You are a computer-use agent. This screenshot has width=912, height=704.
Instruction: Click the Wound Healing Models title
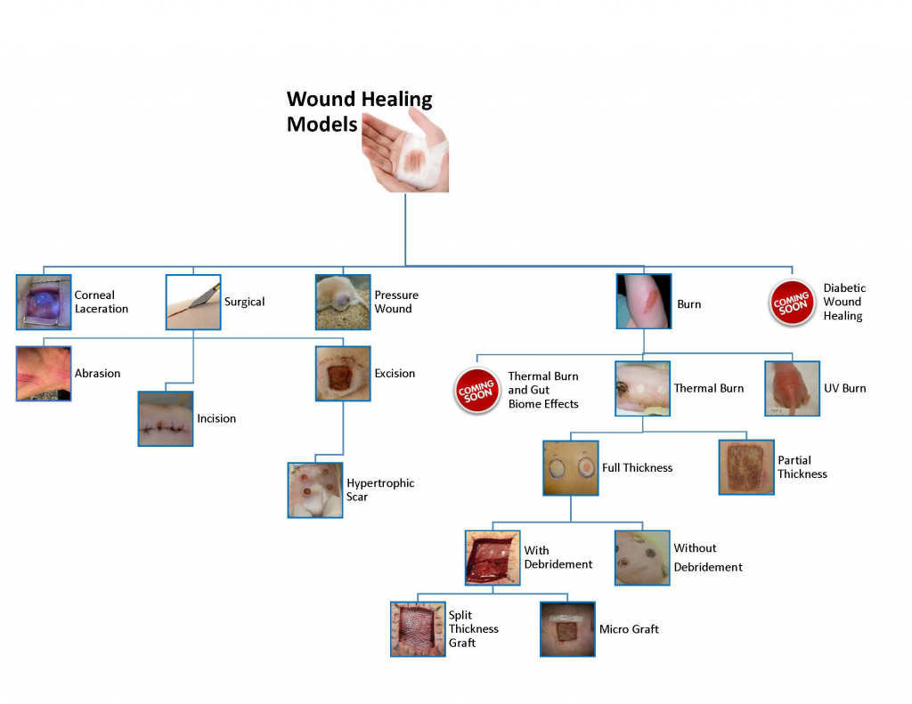point(359,112)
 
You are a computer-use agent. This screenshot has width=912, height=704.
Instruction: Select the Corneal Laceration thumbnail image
point(44,303)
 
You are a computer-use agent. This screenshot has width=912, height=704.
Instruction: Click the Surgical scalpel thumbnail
point(193,303)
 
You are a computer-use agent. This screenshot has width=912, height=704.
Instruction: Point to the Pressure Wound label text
point(396,302)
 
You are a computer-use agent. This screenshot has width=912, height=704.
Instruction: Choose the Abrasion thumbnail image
point(44,374)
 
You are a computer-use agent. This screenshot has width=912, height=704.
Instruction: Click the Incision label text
point(216,418)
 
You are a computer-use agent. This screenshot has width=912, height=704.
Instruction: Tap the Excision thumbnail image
point(343,374)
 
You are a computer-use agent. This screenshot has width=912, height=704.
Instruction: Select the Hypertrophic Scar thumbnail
point(315,490)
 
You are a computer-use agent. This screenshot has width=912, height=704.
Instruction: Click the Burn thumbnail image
point(644,302)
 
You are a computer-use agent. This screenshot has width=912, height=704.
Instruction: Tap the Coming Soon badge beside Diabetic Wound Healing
point(792,303)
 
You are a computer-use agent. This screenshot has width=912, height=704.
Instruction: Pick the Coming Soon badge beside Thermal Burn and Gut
point(477,391)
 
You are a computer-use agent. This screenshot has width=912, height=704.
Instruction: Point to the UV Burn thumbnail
point(792,389)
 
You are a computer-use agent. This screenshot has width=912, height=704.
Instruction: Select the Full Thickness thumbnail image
point(571,468)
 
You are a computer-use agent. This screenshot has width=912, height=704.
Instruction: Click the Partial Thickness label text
point(802,467)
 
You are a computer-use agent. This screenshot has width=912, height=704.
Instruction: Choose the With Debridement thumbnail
point(493,558)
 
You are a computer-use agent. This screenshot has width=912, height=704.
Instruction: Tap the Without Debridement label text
point(707,557)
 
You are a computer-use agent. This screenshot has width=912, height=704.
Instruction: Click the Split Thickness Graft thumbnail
point(418,629)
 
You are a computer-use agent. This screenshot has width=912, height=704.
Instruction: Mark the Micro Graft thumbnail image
point(567,629)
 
